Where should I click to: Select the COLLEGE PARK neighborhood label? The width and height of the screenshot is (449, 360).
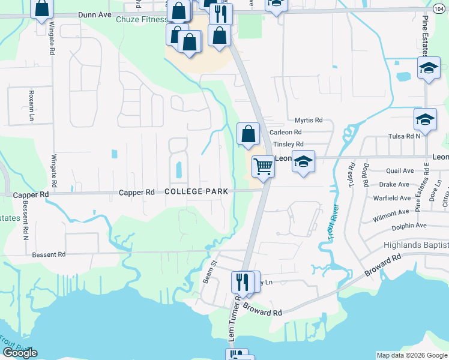click(x=196, y=191)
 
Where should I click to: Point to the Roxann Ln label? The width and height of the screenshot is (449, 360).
click(x=31, y=106)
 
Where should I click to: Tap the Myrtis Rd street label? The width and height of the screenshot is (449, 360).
click(x=309, y=121)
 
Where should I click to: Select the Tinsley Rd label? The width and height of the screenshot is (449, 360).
click(x=288, y=145)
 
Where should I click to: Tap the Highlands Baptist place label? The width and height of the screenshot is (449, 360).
click(x=416, y=246)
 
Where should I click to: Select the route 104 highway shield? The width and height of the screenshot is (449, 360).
click(x=439, y=8)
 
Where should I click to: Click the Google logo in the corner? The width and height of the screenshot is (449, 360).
click(x=20, y=353)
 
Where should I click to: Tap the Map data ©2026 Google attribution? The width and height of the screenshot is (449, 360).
click(x=411, y=355)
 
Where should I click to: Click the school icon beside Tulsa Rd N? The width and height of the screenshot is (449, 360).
click(x=425, y=119)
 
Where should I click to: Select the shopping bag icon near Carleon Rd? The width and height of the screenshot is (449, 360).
click(x=248, y=134)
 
